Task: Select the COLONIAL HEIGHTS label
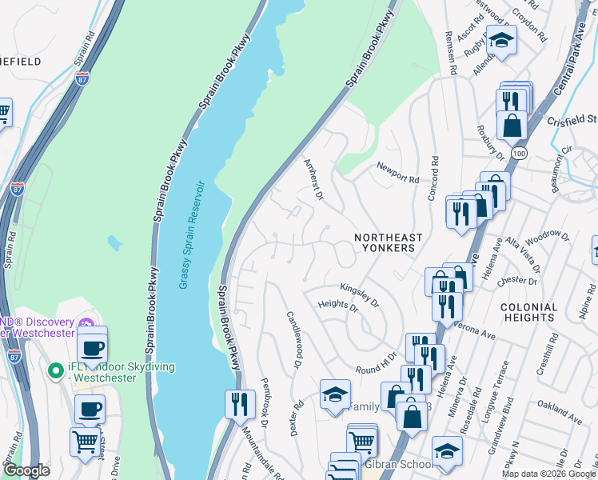(x=528, y=313)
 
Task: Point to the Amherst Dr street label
(x=313, y=179)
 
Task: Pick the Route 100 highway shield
(x=520, y=152)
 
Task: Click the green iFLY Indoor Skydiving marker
(x=55, y=371)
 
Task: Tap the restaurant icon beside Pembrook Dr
(x=238, y=403)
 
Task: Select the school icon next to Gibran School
(x=447, y=450)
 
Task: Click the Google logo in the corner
(x=26, y=471)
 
